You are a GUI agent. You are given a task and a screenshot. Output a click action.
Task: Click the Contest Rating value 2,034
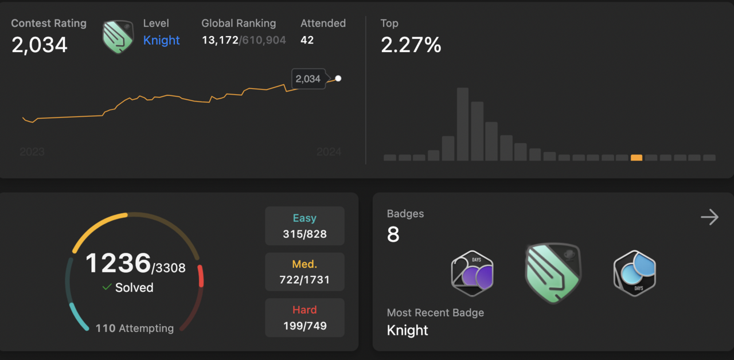tap(40, 44)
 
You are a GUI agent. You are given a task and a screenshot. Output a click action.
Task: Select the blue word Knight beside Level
tap(161, 40)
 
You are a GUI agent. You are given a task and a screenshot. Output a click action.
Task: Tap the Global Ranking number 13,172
tap(220, 40)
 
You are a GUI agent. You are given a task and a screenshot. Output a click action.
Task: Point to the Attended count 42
tap(307, 40)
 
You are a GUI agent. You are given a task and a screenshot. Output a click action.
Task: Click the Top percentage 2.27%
tap(411, 44)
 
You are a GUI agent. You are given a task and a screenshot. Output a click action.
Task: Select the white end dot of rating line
tap(338, 79)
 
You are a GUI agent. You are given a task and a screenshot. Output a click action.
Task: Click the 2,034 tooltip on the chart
tap(308, 79)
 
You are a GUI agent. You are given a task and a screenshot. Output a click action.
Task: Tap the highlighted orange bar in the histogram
tap(636, 158)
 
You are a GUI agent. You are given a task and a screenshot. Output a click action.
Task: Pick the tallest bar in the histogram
tap(463, 124)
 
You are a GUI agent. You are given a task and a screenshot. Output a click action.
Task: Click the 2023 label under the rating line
tap(32, 152)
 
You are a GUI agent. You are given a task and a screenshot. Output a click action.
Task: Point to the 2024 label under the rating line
tap(329, 152)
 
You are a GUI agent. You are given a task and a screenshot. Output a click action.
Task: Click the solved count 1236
tap(118, 264)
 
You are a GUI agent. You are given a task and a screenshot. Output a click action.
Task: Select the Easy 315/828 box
tap(304, 226)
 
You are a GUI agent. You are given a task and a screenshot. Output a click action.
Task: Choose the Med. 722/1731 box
tap(304, 272)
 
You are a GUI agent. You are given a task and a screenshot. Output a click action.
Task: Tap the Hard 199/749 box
tap(304, 318)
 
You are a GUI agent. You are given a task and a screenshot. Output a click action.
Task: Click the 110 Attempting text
tap(134, 328)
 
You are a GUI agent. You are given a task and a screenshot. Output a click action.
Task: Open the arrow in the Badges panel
tap(709, 217)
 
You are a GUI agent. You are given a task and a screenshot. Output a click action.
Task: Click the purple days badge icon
tap(472, 273)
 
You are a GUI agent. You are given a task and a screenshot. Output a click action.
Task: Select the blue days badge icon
tap(634, 273)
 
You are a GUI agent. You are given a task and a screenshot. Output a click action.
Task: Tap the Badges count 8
tap(393, 234)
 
